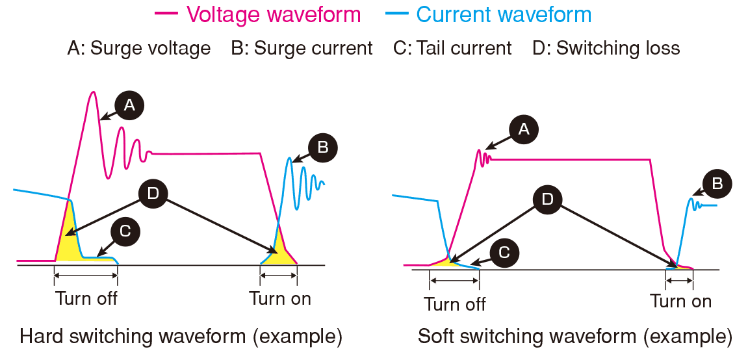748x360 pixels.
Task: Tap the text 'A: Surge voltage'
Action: coord(139,48)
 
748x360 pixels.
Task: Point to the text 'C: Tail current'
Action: coord(452,48)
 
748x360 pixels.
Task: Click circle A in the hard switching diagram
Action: coord(129,105)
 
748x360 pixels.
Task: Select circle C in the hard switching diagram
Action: coord(125,231)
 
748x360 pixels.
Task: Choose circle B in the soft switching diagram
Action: coord(717,184)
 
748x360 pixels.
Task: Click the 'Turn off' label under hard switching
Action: coord(86,299)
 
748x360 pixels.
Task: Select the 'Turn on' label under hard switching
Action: coord(280,299)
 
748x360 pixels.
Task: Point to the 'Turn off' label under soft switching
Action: coord(455,304)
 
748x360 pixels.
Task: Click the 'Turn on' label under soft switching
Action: coord(681,302)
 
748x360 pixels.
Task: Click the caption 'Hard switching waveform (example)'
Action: coord(181,337)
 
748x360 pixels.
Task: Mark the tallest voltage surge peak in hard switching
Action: coord(93,92)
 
